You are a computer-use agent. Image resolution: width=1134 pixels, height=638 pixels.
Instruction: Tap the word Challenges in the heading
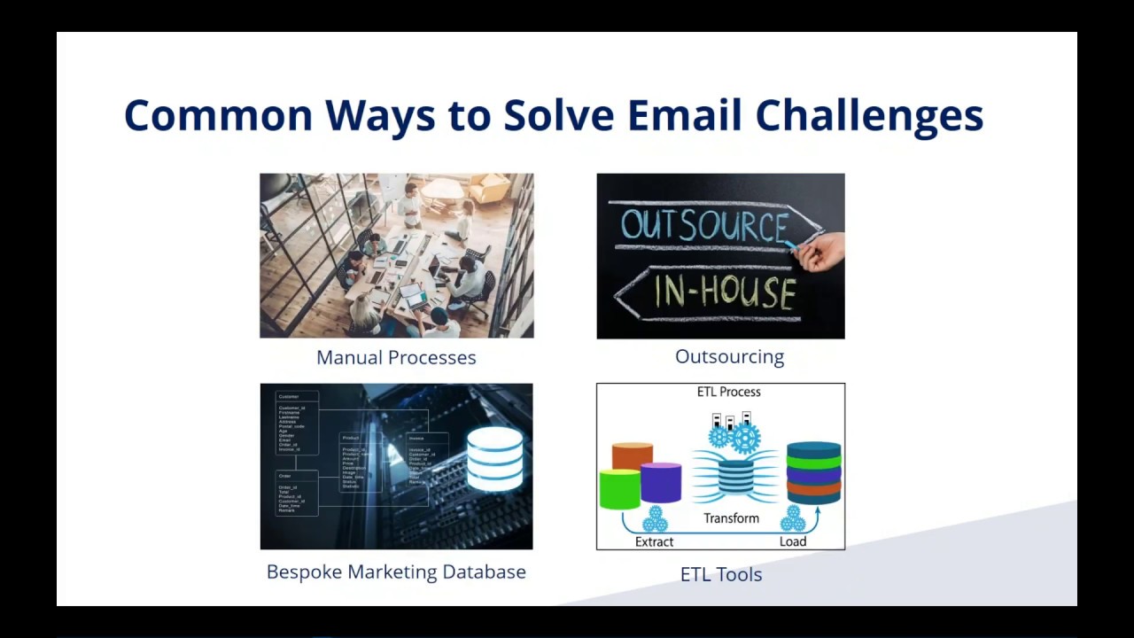[869, 116]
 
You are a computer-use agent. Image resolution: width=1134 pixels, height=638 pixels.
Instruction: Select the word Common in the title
[218, 116]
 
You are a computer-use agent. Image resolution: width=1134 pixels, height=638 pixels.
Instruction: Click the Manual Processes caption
[396, 357]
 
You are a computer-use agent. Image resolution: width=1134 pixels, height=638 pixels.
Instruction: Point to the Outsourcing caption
[729, 356]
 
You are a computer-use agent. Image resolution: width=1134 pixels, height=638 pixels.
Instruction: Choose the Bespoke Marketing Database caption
[396, 572]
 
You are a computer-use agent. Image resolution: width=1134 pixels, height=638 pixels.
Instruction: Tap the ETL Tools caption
[720, 574]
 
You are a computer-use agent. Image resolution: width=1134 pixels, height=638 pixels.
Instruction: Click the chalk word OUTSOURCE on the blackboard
[704, 226]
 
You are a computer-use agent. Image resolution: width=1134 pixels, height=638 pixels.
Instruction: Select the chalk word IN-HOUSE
[724, 292]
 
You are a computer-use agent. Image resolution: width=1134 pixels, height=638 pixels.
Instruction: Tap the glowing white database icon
[494, 458]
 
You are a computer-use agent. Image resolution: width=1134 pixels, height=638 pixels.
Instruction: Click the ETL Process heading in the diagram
[728, 392]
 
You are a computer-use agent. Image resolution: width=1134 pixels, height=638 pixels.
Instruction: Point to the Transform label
[731, 518]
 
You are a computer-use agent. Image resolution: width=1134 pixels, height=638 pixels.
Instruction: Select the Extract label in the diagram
[654, 541]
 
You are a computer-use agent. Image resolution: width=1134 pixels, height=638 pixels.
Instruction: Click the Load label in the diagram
[792, 541]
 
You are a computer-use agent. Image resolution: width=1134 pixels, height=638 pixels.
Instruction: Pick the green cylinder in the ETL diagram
[619, 489]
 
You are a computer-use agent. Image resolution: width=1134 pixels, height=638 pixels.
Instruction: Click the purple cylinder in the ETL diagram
[661, 482]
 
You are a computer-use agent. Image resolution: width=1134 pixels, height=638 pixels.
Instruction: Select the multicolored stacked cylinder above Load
[813, 472]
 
